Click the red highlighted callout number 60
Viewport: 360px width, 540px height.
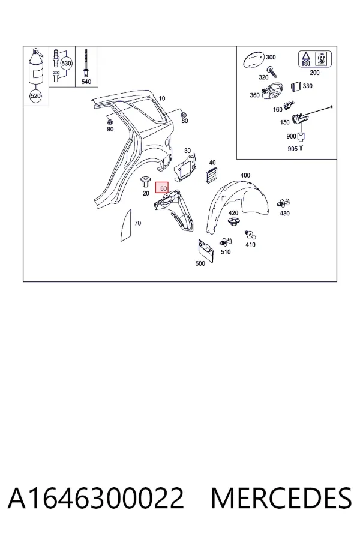pos(162,188)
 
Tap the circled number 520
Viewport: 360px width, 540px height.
pos(35,96)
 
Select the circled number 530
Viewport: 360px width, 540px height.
pos(66,64)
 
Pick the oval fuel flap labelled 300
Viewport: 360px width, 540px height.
pos(254,60)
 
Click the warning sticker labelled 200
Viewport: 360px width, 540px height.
pos(314,59)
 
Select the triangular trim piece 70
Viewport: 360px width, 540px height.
pos(127,226)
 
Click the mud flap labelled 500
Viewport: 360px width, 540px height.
pos(206,251)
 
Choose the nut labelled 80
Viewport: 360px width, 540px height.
pos(184,114)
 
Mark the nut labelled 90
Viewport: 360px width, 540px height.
pos(110,122)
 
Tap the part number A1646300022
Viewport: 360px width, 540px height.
pos(96,498)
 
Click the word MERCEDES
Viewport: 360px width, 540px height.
pos(281,498)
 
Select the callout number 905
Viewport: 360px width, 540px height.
pos(292,149)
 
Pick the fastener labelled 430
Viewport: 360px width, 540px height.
pos(283,203)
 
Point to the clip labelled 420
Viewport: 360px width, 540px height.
pos(234,222)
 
